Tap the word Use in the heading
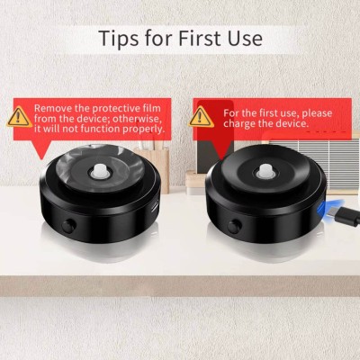point(245,38)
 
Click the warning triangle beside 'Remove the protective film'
point(20,116)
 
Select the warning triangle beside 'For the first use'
point(201,117)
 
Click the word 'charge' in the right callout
point(238,123)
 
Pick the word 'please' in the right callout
point(317,113)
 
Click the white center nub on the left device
point(100,171)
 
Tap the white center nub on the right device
point(265,170)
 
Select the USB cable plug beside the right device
point(347,217)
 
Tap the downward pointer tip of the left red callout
point(41,159)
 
